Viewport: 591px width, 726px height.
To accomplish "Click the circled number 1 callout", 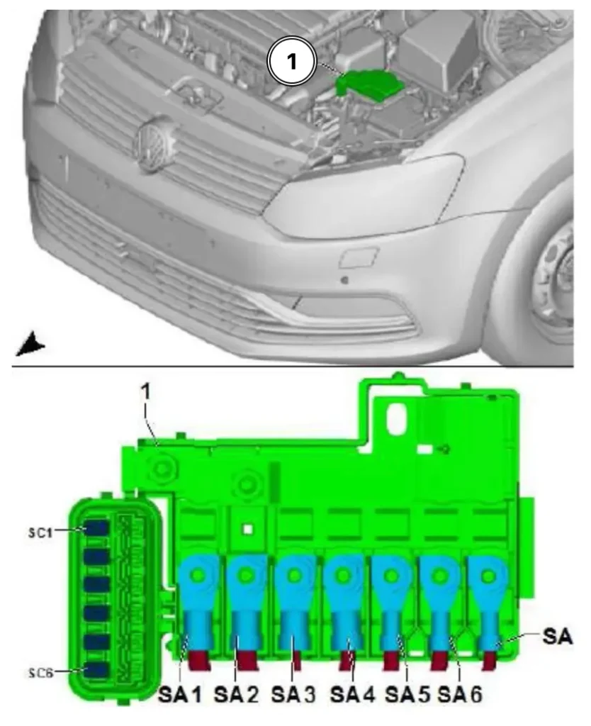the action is (x=291, y=61).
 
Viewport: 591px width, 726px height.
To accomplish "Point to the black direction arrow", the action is (x=30, y=344).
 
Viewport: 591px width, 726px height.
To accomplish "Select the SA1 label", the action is (x=180, y=695).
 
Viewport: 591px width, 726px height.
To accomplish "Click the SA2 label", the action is (x=236, y=695).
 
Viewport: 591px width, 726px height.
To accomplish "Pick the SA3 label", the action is (x=293, y=695).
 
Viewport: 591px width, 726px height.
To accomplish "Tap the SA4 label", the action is (x=351, y=695).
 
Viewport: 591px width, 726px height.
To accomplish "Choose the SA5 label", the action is (x=407, y=695).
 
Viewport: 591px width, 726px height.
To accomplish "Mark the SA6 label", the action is (x=460, y=695).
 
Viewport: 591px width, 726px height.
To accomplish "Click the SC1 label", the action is (x=40, y=532).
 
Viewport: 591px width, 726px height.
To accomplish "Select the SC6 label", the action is (x=40, y=672).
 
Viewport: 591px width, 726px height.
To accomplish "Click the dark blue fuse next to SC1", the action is (x=96, y=529).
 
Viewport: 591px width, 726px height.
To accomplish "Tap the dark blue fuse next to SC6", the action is (x=96, y=669).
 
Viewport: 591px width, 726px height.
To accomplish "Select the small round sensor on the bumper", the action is (x=344, y=279).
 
